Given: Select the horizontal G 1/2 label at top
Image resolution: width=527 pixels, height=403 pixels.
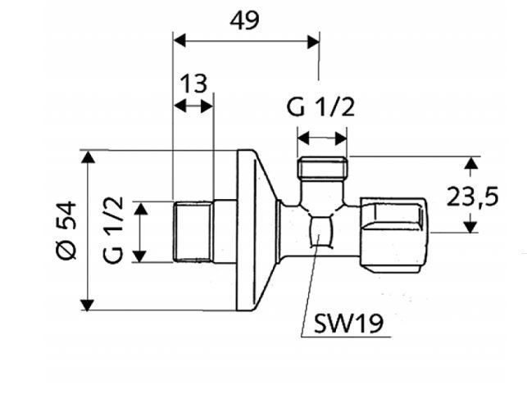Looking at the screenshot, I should (x=321, y=106).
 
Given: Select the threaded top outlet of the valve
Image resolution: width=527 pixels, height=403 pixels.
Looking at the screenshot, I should (x=322, y=170).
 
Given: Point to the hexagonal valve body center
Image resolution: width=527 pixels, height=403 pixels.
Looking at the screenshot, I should (x=320, y=231).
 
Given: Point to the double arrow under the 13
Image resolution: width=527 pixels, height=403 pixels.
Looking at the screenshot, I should (x=193, y=106).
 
